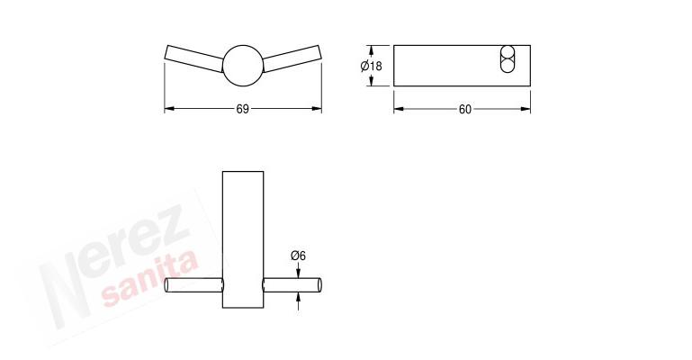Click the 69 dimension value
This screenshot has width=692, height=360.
(x=243, y=109)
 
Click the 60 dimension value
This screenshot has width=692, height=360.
(x=464, y=110)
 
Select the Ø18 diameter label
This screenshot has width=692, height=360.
(x=371, y=67)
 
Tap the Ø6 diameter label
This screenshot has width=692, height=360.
(x=299, y=256)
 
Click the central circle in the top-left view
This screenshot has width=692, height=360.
(x=243, y=66)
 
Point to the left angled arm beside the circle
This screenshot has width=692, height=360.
(x=194, y=58)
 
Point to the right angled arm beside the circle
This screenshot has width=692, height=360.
(x=292, y=58)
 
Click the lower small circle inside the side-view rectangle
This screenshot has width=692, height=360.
(x=508, y=66)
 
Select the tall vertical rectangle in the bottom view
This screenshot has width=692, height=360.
(x=243, y=239)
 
